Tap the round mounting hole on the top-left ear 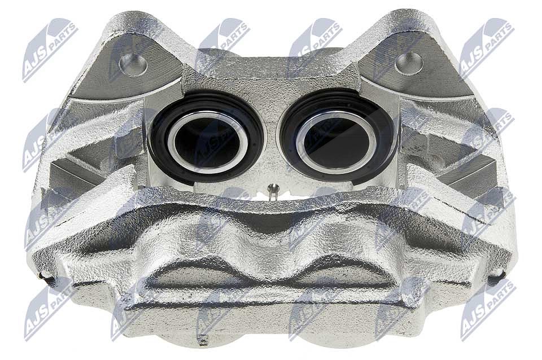(x=133, y=64)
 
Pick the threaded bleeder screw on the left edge (x=47, y=278)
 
